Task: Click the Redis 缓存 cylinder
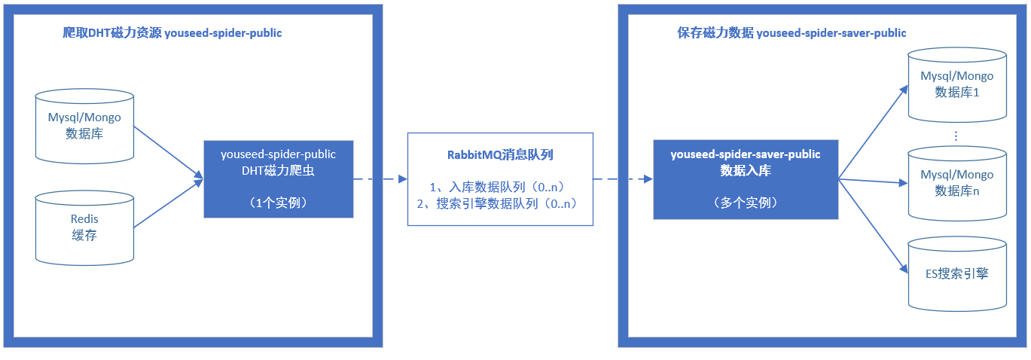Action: (84, 227)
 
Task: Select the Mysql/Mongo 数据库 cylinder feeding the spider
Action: (84, 125)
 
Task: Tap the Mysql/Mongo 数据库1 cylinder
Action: (957, 84)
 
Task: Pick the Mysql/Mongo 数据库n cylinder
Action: (957, 183)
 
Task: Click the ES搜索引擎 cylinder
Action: (957, 273)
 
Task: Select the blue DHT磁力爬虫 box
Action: (279, 178)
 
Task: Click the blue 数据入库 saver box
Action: (746, 179)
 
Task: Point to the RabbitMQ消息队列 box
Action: (500, 179)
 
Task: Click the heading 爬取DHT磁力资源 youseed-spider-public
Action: (172, 33)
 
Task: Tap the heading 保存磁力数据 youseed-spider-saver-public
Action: (792, 33)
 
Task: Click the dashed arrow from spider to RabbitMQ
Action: (380, 179)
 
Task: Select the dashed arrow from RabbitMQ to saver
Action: (623, 179)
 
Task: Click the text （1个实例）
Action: (279, 203)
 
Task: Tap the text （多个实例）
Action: (746, 203)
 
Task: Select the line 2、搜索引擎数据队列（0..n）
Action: (500, 203)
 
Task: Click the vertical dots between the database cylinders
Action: (956, 136)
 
